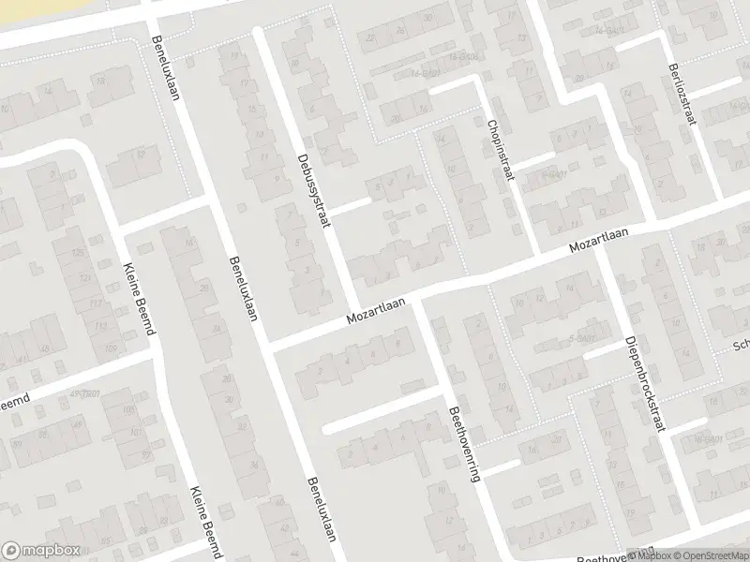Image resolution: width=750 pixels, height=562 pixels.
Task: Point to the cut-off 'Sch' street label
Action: [741, 345]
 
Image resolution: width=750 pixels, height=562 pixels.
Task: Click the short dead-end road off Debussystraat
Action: [352, 205]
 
